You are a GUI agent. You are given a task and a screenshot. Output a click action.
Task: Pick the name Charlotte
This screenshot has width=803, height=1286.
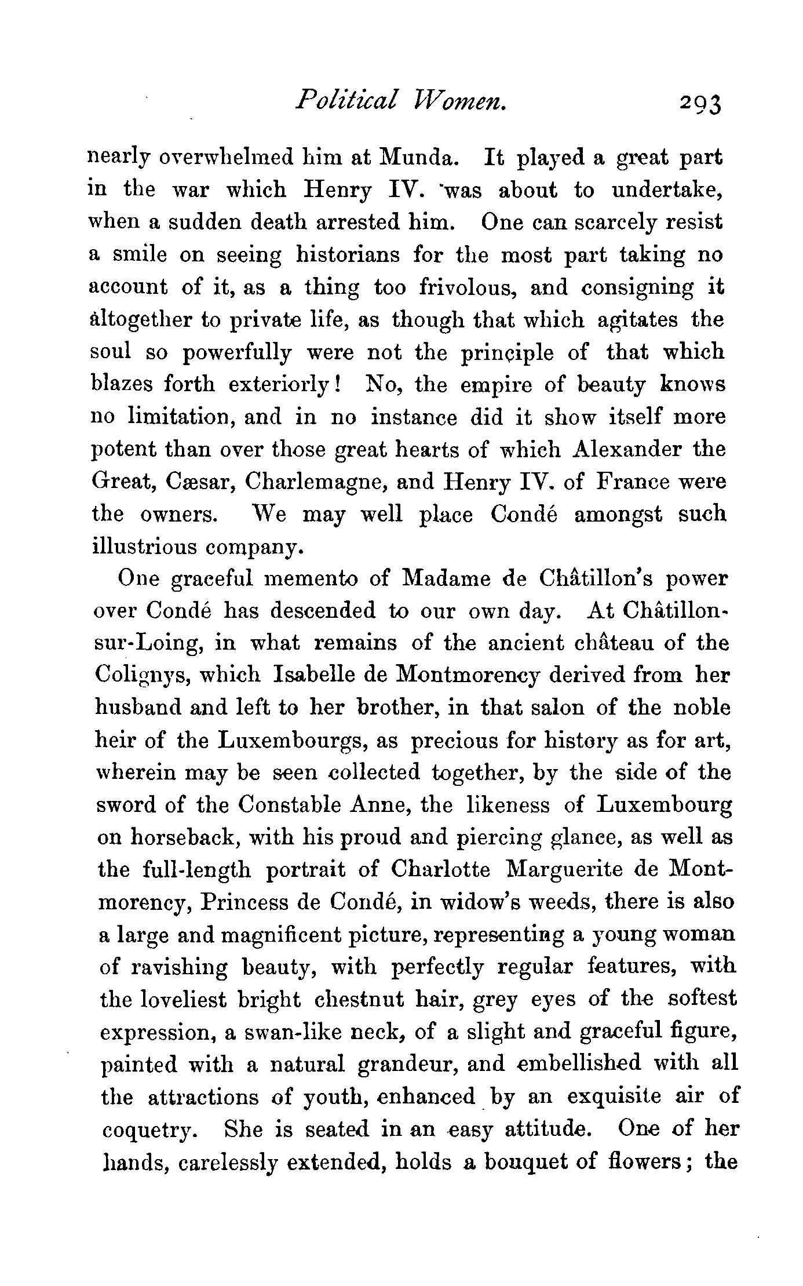point(440,870)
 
